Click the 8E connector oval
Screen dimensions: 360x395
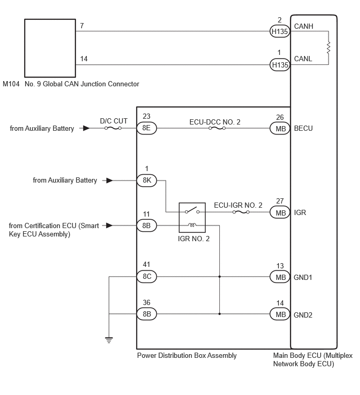[147, 128]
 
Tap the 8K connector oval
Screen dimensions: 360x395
[147, 180]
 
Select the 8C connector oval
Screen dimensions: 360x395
[147, 277]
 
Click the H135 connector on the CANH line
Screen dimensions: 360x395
[280, 31]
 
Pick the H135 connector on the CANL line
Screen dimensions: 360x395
[280, 65]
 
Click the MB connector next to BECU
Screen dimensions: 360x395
[280, 128]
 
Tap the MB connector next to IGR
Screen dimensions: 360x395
[280, 212]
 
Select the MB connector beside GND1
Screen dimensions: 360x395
[280, 277]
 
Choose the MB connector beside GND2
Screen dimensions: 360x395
[280, 314]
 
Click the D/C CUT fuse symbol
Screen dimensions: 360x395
[113, 128]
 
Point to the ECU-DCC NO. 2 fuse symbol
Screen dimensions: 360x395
[217, 128]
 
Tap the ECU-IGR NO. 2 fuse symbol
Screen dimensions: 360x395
[241, 212]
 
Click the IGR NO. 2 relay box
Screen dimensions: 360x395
[192, 218]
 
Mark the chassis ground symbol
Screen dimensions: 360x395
[109, 340]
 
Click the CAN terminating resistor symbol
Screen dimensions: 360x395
[329, 48]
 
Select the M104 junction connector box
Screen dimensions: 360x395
[50, 48]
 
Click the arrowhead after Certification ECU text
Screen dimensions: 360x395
[109, 225]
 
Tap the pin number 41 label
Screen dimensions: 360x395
[147, 264]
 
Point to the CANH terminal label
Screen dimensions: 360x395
[303, 26]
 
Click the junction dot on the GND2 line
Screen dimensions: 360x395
[220, 314]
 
